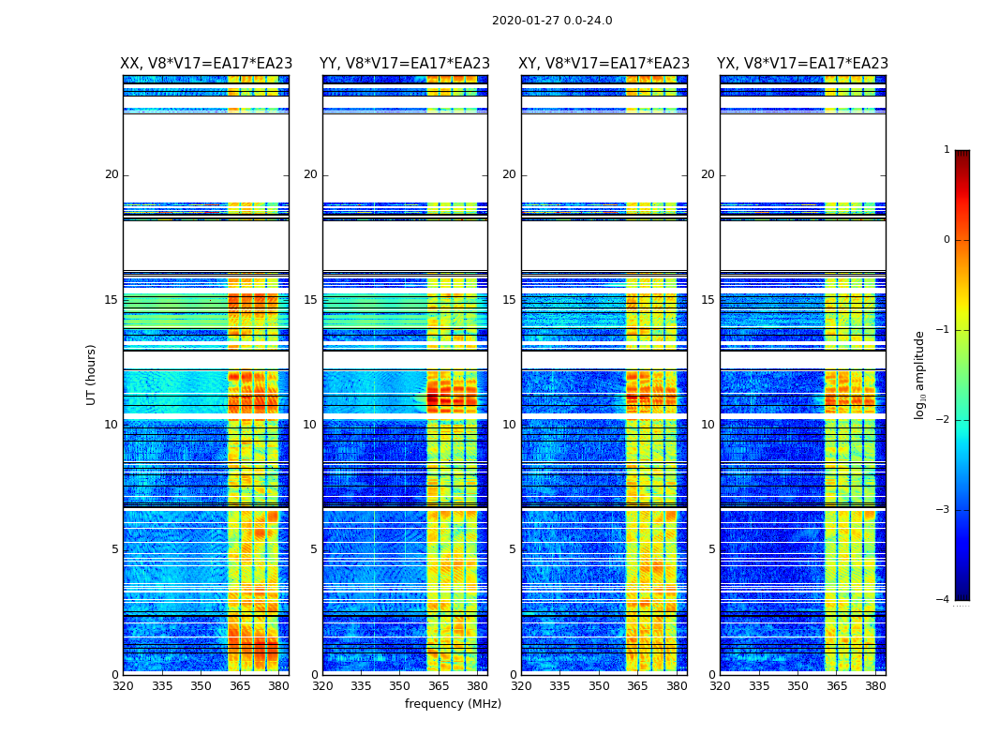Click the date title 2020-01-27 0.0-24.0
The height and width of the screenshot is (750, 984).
click(552, 21)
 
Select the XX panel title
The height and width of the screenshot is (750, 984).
click(206, 64)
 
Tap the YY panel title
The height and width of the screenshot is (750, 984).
click(405, 64)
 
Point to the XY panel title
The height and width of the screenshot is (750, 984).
click(604, 64)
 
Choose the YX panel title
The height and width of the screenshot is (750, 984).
click(802, 64)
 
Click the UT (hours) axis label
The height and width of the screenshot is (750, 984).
click(92, 374)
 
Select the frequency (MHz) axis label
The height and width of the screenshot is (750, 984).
click(453, 704)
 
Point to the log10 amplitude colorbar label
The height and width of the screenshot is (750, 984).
click(920, 374)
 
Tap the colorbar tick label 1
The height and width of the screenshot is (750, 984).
click(947, 150)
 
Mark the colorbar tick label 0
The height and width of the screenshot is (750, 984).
click(947, 240)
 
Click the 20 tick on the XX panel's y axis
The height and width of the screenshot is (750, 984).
click(112, 174)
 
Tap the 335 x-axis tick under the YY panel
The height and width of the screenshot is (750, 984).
click(362, 686)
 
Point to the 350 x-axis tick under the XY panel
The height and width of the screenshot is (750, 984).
click(599, 686)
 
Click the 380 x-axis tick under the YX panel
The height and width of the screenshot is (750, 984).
click(875, 686)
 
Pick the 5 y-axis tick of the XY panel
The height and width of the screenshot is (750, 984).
click(513, 549)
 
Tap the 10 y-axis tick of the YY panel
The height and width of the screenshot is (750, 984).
click(310, 425)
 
